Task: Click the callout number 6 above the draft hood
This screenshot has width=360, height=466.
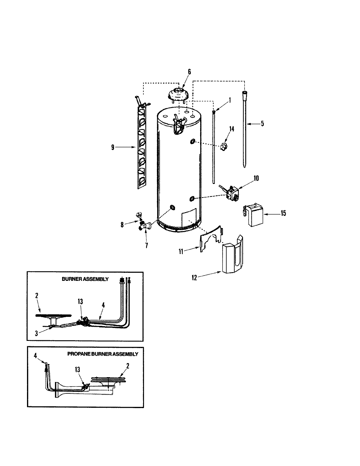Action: [x=181, y=72]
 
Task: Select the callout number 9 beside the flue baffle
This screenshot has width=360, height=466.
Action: [x=112, y=148]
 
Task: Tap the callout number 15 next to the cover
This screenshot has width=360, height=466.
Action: [x=283, y=213]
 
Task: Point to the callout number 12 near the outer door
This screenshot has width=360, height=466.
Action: [x=194, y=278]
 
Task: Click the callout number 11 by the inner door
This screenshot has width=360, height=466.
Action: [x=181, y=251]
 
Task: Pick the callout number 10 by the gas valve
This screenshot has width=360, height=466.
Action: [x=256, y=178]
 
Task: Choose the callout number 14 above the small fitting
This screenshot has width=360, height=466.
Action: [x=232, y=129]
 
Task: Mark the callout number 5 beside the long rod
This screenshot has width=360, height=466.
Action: [x=262, y=123]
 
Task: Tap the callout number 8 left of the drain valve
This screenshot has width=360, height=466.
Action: [x=122, y=224]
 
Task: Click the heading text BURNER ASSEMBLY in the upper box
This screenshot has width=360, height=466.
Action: [x=85, y=279]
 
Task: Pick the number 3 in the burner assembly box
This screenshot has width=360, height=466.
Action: [x=36, y=333]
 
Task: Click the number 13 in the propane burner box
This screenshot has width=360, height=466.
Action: [x=77, y=370]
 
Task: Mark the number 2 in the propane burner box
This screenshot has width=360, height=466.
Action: [x=127, y=365]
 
